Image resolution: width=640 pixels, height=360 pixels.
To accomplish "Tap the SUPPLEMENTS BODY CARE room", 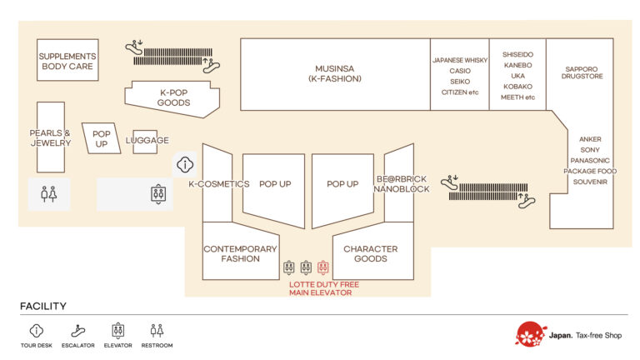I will pyautogui.click(x=67, y=61).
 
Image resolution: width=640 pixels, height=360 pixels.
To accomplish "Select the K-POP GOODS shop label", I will pyautogui.click(x=173, y=97).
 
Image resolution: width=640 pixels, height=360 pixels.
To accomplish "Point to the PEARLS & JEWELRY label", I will pyautogui.click(x=50, y=137).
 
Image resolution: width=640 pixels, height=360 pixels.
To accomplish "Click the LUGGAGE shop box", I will pyautogui.click(x=147, y=140).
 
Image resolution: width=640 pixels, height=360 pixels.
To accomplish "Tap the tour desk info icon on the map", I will pyautogui.click(x=185, y=164).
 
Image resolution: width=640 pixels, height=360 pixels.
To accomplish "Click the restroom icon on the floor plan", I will pyautogui.click(x=49, y=194).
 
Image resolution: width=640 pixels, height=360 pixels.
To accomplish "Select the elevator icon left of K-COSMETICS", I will pyautogui.click(x=158, y=194).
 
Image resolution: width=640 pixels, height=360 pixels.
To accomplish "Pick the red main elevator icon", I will pyautogui.click(x=323, y=267).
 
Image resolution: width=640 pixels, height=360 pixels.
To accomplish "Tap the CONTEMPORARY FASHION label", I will pyautogui.click(x=240, y=253).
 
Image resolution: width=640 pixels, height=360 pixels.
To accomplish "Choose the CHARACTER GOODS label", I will pyautogui.click(x=371, y=253).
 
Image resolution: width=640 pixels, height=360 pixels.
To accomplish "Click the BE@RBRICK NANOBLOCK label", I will pyautogui.click(x=402, y=184).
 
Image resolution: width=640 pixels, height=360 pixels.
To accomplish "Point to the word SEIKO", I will pyautogui.click(x=460, y=82).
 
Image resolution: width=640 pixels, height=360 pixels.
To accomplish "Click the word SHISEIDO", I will pyautogui.click(x=517, y=55).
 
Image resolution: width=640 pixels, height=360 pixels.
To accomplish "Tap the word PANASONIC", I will pyautogui.click(x=590, y=161).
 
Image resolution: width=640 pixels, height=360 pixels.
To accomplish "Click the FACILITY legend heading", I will pyautogui.click(x=43, y=306).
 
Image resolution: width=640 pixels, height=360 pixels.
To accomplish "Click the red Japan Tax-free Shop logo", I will pyautogui.click(x=531, y=334).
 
